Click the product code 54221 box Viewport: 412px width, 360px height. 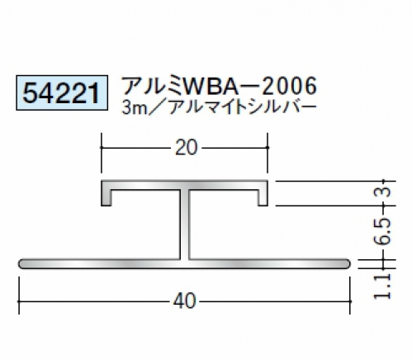(x=62, y=92)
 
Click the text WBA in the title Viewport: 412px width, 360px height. (x=211, y=86)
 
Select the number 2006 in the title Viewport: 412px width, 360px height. (x=289, y=86)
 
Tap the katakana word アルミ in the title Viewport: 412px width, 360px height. (x=152, y=86)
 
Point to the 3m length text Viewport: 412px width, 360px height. (x=133, y=108)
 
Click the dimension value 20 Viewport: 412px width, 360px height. (x=187, y=148)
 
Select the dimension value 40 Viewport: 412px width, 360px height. (x=185, y=301)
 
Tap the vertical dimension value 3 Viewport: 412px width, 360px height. (x=385, y=192)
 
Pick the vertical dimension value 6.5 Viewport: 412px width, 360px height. (x=385, y=231)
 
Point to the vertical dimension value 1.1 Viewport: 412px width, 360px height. (x=385, y=287)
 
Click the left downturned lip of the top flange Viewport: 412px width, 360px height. (x=106, y=197)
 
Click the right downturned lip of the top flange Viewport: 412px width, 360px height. (x=263, y=197)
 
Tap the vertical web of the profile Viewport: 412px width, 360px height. (x=185, y=225)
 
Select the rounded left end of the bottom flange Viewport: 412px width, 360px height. (x=21, y=263)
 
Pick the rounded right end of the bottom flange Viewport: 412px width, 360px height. (x=348, y=263)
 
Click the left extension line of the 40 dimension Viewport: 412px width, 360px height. (x=19, y=296)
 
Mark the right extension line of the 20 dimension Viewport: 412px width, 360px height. (x=268, y=153)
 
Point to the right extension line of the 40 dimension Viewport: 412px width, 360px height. (x=350, y=296)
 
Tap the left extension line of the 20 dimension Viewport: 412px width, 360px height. (x=102, y=153)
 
